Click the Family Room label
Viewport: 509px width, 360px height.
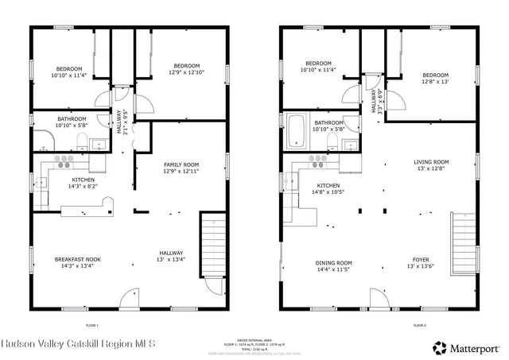tap(180, 165)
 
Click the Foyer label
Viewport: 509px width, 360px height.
tap(422, 260)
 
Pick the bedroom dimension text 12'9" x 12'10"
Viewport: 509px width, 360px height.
tap(186, 72)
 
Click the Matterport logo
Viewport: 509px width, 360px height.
tap(467, 346)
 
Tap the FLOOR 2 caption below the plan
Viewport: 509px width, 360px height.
tap(419, 325)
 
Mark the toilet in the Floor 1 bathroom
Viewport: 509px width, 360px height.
tap(82, 141)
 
